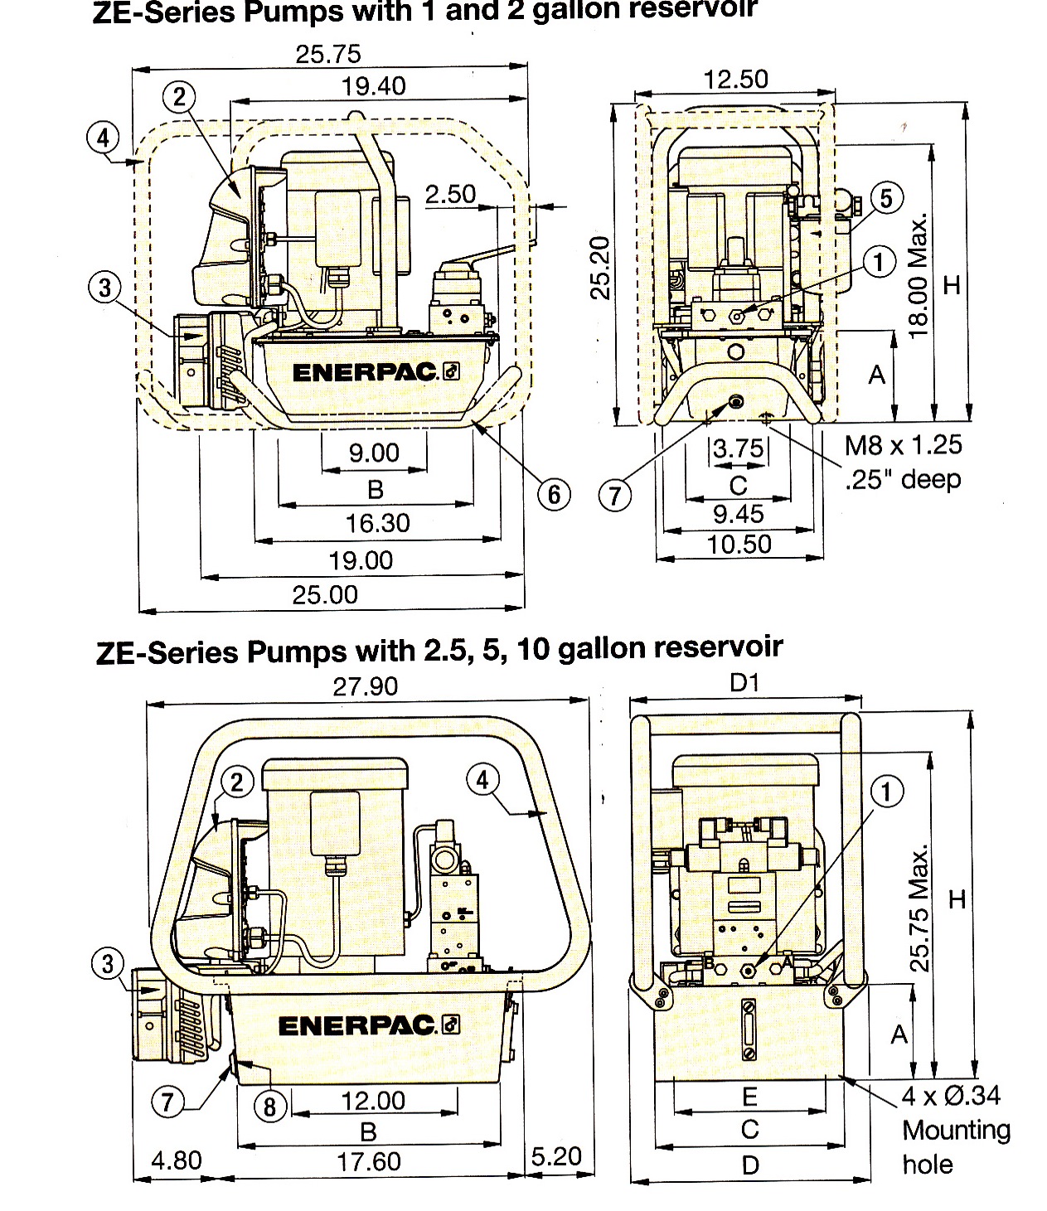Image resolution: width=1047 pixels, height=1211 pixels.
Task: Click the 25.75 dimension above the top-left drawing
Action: click(328, 55)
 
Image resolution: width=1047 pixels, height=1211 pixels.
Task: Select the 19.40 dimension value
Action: click(373, 87)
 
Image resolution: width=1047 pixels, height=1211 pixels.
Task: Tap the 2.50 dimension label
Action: click(450, 195)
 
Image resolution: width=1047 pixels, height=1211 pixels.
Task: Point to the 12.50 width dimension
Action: click(735, 79)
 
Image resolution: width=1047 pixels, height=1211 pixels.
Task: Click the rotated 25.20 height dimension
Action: click(599, 269)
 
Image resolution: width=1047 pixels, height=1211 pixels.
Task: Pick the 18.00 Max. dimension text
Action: click(919, 275)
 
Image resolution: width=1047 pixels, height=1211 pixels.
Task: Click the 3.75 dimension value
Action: click(739, 448)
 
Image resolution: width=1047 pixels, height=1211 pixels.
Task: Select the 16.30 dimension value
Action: click(377, 523)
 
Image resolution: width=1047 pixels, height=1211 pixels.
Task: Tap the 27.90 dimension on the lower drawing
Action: click(365, 686)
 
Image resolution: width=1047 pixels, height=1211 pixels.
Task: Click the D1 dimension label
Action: click(744, 682)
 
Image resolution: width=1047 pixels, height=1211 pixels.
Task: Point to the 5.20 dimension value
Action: click(556, 1156)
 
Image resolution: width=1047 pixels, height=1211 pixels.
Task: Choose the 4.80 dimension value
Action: click(177, 1160)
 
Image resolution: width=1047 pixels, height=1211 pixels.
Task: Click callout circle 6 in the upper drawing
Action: click(554, 495)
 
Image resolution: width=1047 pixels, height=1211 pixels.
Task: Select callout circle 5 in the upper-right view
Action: click(886, 198)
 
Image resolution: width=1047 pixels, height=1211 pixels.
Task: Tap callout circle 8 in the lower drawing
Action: click(269, 1107)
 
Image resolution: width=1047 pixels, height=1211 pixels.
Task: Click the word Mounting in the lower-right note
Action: click(956, 1131)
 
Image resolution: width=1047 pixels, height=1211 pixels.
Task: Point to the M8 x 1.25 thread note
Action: click(903, 445)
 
